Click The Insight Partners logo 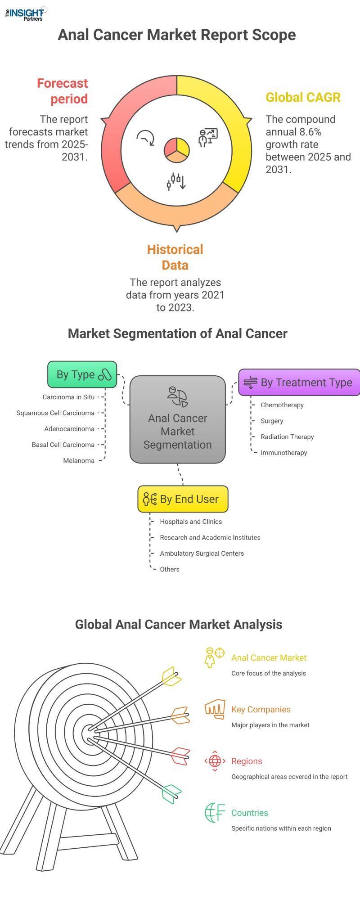tap(26, 13)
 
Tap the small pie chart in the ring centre tap(177, 150)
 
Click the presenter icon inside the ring tap(208, 138)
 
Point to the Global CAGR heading tap(303, 97)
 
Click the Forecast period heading tap(62, 91)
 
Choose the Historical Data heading tap(175, 257)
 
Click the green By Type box tap(82, 374)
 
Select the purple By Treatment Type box tap(299, 382)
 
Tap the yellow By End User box tap(183, 499)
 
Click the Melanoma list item tap(79, 461)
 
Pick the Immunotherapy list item tap(284, 453)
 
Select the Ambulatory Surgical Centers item tap(202, 553)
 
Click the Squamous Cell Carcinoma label tap(56, 413)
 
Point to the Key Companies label tap(261, 710)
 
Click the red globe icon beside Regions tap(215, 761)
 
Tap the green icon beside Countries tap(215, 813)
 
